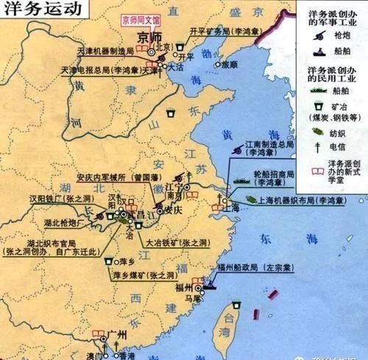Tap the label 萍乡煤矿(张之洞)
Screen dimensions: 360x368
pyautogui.click(x=143, y=276)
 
